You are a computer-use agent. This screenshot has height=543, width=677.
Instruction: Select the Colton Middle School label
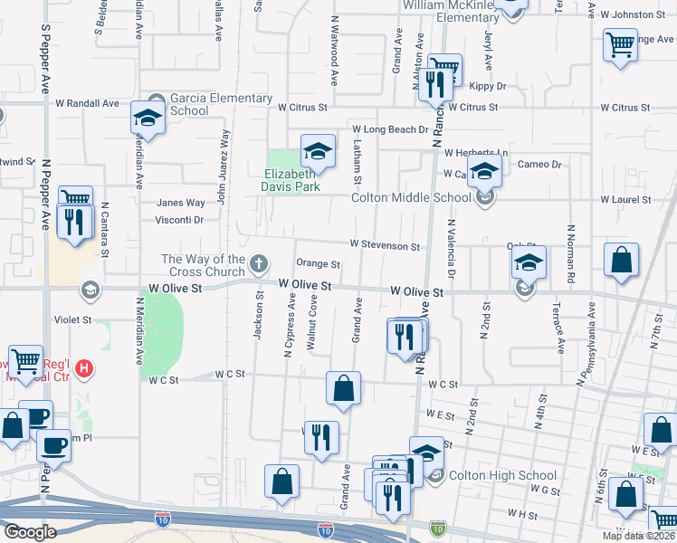pyautogui.click(x=411, y=197)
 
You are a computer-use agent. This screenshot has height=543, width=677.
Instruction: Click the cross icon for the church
pyautogui.click(x=259, y=264)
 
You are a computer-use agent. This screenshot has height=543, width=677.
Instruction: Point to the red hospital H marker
pyautogui.click(x=84, y=368)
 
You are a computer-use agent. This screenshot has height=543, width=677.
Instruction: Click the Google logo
pyautogui.click(x=30, y=532)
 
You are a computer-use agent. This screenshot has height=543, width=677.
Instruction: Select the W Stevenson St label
pyautogui.click(x=385, y=245)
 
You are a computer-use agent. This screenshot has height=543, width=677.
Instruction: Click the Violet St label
pyautogui.click(x=72, y=319)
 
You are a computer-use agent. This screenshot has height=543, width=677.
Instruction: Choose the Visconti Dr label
pyautogui.click(x=180, y=219)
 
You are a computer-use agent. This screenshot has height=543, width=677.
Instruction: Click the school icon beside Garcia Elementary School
pyautogui.click(x=148, y=117)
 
